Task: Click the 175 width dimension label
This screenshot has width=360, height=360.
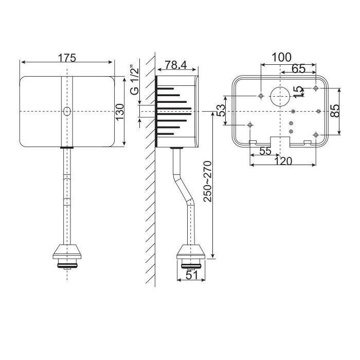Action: [66, 58]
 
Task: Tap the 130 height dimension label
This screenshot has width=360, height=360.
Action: [120, 112]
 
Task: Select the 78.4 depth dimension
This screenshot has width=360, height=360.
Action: [176, 65]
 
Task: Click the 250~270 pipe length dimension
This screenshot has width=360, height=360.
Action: [208, 182]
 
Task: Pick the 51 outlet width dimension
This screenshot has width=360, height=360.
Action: [192, 275]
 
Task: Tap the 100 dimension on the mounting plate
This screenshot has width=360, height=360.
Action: [281, 58]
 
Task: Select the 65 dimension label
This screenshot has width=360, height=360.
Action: [299, 68]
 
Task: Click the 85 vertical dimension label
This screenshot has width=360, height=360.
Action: [335, 111]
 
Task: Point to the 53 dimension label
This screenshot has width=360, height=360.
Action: [221, 111]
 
